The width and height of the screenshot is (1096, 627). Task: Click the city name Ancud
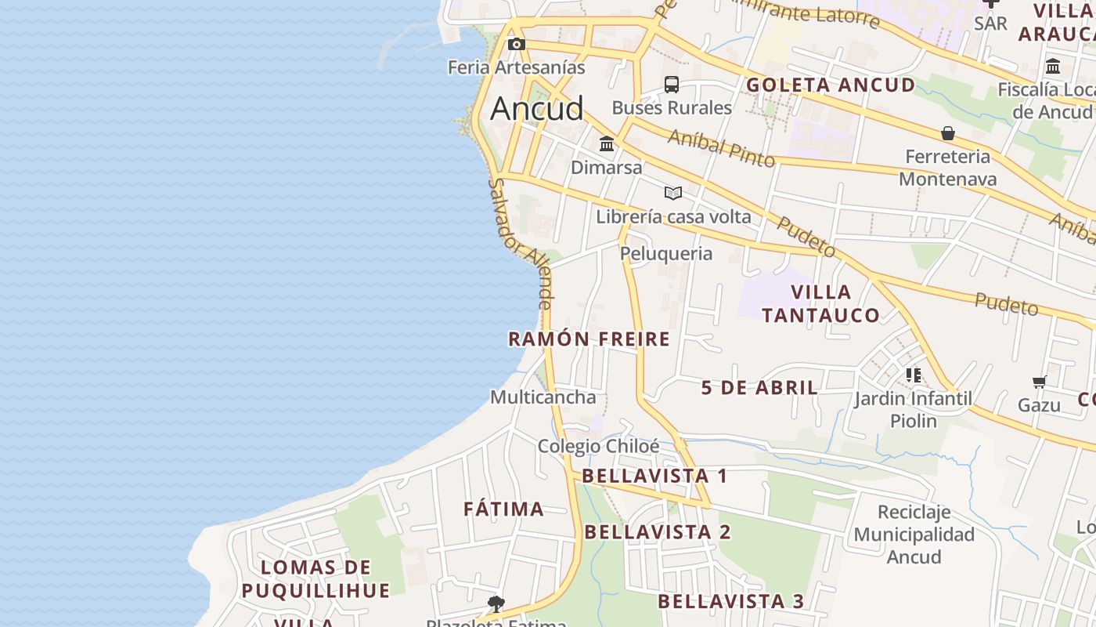pos(537,108)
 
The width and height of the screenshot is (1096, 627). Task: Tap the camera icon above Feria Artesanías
pos(516,44)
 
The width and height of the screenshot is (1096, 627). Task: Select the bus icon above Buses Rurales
pos(672,85)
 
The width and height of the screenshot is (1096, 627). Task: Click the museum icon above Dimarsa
pos(607,144)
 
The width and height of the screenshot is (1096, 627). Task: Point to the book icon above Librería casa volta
pos(673,193)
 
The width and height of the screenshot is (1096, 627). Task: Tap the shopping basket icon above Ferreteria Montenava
pos(948,133)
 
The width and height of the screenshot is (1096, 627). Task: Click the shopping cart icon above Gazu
pos(1040,382)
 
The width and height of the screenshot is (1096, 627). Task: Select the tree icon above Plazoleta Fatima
pos(496,603)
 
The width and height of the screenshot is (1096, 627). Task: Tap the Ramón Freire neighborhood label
pos(589,339)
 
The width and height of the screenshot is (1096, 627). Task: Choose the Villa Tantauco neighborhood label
pos(820,304)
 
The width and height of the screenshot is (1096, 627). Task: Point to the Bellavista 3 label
pos(730,602)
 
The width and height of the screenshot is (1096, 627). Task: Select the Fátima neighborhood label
pos(503,509)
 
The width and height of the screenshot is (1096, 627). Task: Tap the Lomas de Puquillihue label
pos(315,578)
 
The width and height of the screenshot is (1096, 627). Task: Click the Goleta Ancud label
pos(831,85)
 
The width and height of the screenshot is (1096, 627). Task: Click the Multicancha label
pos(543,397)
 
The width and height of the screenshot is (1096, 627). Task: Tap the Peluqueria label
pos(666,253)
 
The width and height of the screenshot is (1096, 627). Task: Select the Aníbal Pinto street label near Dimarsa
pos(721,148)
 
